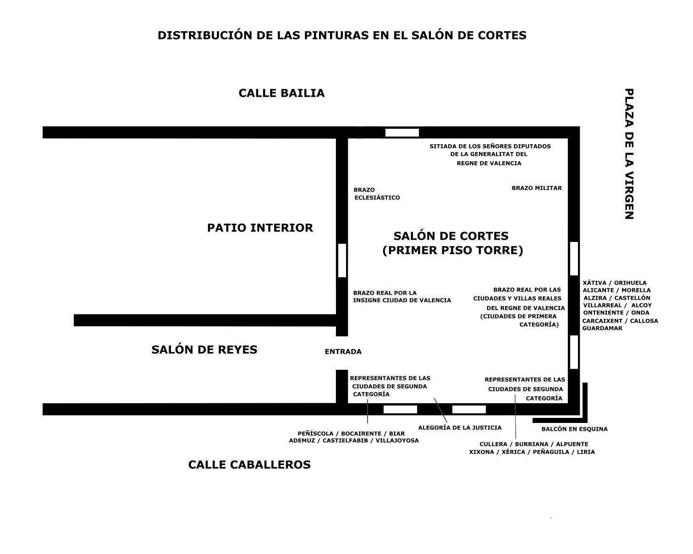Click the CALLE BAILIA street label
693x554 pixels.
[x=281, y=93]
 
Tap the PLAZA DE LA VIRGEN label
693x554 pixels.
[x=629, y=154]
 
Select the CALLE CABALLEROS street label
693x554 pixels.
[x=249, y=465]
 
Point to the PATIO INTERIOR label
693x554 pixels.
[x=260, y=228]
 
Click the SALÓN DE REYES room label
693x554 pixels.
[x=204, y=350]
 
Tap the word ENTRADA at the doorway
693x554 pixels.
[x=343, y=351]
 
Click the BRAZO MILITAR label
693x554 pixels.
[x=537, y=188]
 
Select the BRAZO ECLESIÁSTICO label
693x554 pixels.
[x=377, y=194]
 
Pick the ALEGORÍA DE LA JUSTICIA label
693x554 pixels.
[x=460, y=428]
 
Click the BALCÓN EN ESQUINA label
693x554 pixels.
[x=574, y=429]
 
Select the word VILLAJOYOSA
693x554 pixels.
[x=397, y=440]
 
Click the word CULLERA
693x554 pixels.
[x=493, y=444]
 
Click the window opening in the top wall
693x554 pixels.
[x=402, y=132]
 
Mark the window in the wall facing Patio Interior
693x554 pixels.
[x=342, y=260]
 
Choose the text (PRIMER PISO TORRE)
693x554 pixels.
[x=453, y=251]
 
